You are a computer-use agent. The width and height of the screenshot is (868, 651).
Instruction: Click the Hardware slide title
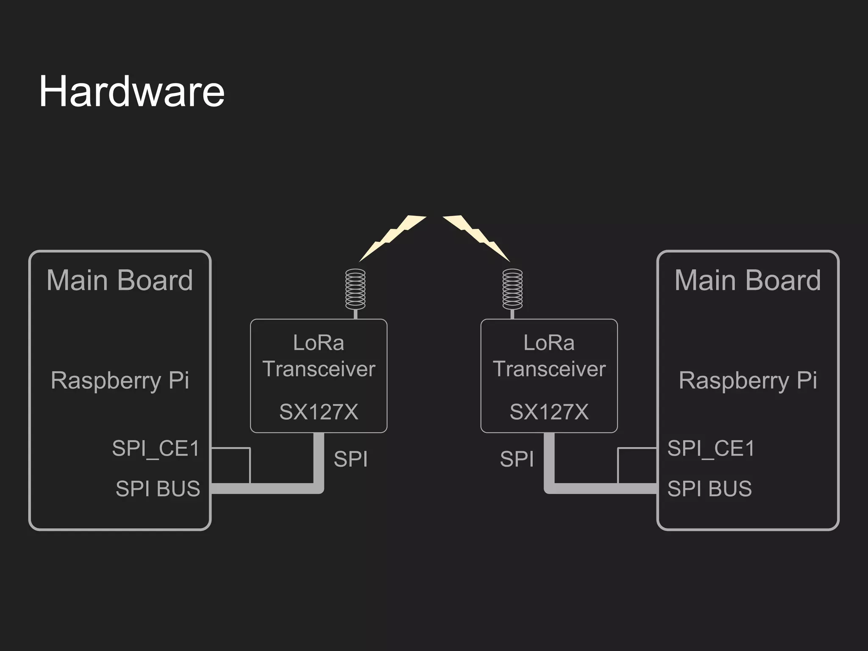click(131, 92)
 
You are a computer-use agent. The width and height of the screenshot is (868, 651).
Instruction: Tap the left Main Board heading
click(120, 280)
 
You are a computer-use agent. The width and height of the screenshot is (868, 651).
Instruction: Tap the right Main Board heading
click(748, 280)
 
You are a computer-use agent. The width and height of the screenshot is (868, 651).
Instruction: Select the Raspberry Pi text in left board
click(120, 380)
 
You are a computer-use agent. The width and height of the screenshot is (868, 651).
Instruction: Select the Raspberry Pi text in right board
click(748, 380)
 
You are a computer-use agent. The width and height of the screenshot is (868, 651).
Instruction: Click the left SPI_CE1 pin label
click(156, 448)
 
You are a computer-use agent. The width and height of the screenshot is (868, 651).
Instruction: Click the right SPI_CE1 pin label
click(711, 448)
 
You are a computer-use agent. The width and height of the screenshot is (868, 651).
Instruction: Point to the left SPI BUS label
click(158, 489)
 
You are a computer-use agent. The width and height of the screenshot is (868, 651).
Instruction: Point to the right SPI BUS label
click(709, 489)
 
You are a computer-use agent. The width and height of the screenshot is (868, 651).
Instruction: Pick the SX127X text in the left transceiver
click(319, 412)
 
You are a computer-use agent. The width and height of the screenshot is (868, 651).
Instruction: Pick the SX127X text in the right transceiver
click(549, 412)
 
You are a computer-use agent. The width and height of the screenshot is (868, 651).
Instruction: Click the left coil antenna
click(355, 289)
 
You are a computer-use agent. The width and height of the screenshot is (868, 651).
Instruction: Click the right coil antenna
click(512, 289)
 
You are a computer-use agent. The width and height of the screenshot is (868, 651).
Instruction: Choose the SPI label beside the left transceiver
click(351, 459)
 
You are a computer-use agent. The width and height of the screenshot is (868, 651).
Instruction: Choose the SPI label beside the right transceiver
click(517, 459)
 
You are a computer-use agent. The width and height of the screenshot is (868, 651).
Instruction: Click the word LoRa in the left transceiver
click(319, 343)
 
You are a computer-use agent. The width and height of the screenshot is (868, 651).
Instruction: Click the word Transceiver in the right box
click(549, 369)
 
